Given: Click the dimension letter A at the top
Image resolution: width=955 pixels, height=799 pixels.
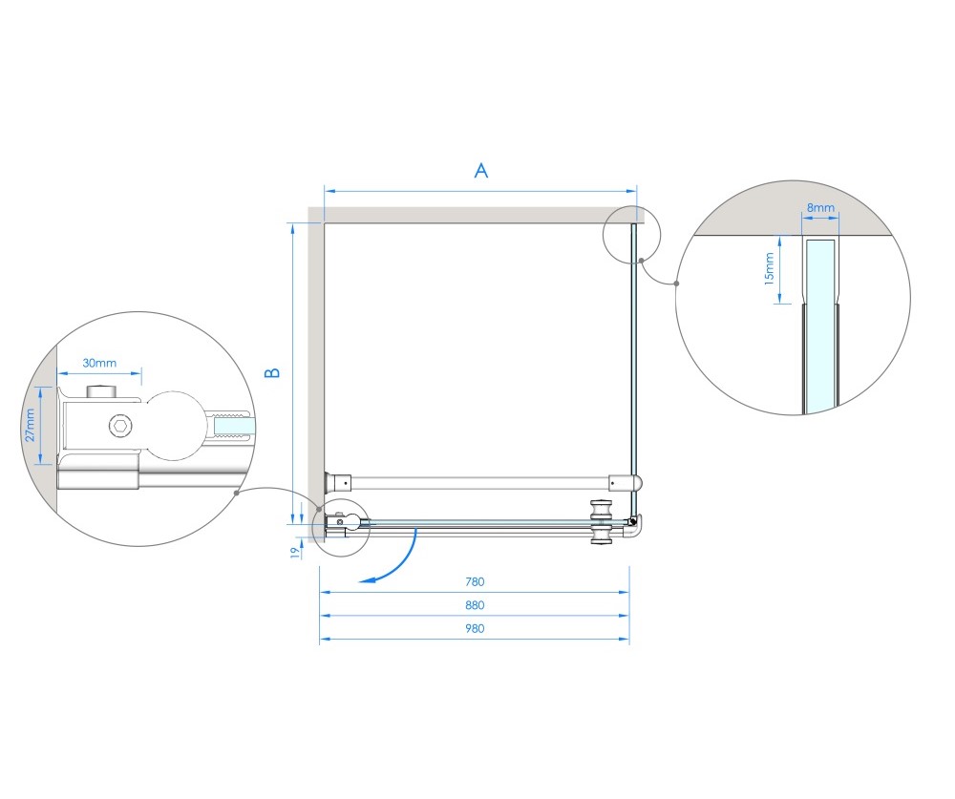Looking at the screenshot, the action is [481, 171].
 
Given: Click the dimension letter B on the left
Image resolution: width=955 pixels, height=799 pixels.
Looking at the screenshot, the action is [272, 372].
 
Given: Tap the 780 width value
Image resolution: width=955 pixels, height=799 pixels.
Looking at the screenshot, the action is [475, 581].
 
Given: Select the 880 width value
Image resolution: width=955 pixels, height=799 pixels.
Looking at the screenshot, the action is [475, 605].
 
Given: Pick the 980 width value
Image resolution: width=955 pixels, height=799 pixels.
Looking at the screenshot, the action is [475, 628].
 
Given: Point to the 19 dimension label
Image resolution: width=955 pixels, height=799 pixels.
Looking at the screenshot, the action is [295, 553].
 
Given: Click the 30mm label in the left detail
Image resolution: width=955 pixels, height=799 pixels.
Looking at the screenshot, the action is [99, 363].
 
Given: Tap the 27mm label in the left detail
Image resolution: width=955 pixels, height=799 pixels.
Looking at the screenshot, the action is [30, 425].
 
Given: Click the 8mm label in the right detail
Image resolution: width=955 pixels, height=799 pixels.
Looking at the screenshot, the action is [820, 208].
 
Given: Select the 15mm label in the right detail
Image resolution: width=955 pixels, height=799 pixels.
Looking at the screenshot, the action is [769, 268].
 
